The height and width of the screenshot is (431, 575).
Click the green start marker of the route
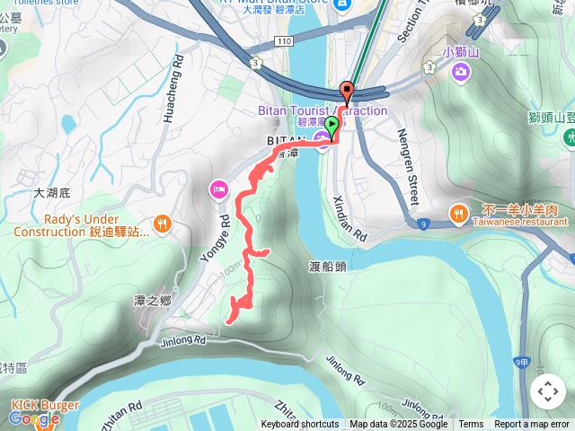[x=332, y=127]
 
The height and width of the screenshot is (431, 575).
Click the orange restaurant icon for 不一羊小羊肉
[x=459, y=214]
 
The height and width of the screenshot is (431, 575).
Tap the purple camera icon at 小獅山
[x=461, y=71]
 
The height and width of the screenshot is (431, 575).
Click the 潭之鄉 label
[x=152, y=301]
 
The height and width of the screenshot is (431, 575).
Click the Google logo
[x=34, y=418]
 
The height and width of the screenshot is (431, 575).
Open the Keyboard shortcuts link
[x=300, y=425]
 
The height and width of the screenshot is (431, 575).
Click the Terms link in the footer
[x=471, y=425]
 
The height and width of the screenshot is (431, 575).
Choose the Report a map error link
[x=532, y=425]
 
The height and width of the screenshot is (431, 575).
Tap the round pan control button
[x=547, y=391]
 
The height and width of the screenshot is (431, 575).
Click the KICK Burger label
[x=45, y=405]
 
